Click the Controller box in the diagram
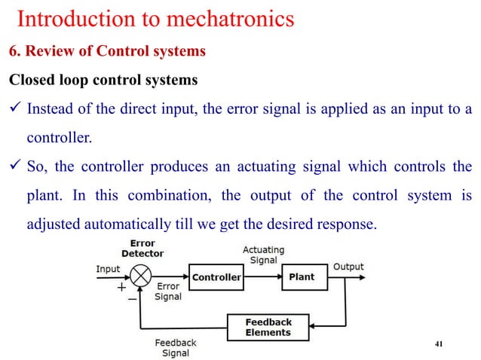tap(216, 277)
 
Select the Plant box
tap(302, 277)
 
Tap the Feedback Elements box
tap(268, 327)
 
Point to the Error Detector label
tap(142, 249)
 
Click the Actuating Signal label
tap(262, 255)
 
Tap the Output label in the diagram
tap(348, 267)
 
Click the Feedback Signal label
tap(176, 348)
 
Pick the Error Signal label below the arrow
tap(168, 291)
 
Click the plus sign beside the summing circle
tap(121, 287)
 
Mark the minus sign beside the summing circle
tap(132, 299)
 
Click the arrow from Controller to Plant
tap(262, 277)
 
